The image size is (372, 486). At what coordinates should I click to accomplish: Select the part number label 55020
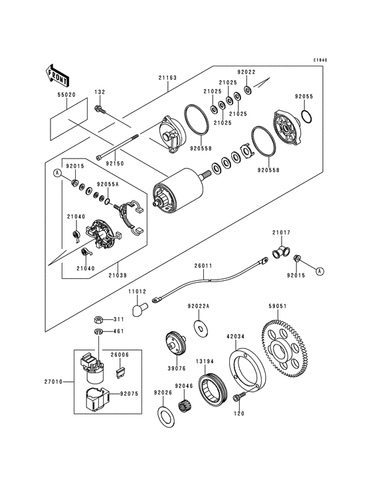coord(66,95)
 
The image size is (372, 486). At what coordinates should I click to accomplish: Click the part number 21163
coord(167,78)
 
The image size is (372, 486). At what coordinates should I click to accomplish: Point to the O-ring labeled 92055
coord(307,116)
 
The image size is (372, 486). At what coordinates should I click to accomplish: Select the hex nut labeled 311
coord(98,319)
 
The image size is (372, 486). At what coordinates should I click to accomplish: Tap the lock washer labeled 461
coord(98,332)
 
